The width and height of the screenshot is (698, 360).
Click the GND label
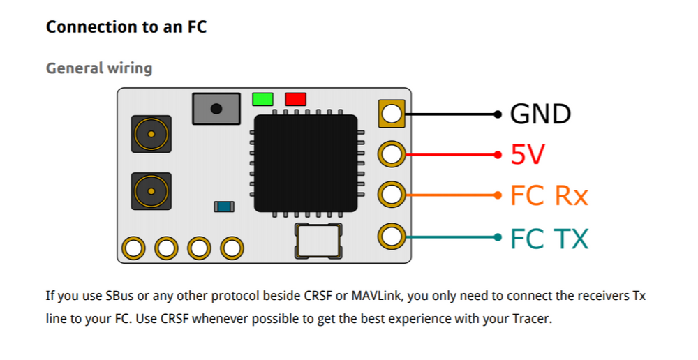pyautogui.click(x=540, y=114)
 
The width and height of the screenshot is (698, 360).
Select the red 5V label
pyautogui.click(x=527, y=155)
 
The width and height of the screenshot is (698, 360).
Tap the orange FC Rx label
pyautogui.click(x=549, y=196)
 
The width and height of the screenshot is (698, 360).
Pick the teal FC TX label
pyautogui.click(x=549, y=239)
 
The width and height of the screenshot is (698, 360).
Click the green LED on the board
pyautogui.click(x=262, y=99)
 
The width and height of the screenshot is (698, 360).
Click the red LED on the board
pyautogui.click(x=295, y=99)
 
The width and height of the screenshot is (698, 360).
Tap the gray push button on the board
pyautogui.click(x=216, y=109)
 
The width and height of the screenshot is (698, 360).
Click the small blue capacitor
pyautogui.click(x=224, y=207)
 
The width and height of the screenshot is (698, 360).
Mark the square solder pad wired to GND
pyautogui.click(x=392, y=114)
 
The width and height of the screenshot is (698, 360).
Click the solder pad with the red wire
pyautogui.click(x=392, y=154)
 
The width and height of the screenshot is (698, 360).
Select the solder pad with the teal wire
pyautogui.click(x=392, y=237)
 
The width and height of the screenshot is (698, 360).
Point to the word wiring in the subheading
pyautogui.click(x=129, y=68)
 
